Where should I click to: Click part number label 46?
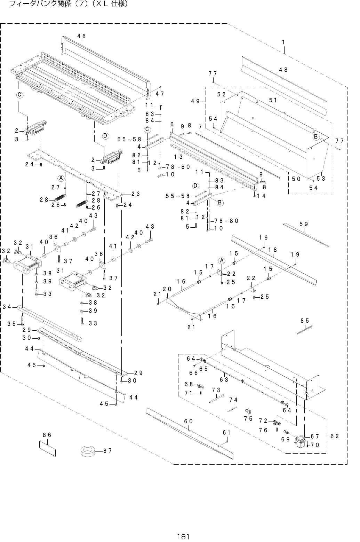[81, 36]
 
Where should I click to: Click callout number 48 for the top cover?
[283, 70]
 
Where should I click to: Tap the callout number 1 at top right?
[283, 42]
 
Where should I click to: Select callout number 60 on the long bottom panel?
[189, 421]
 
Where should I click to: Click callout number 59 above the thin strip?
[304, 224]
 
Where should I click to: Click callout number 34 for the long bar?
[7, 307]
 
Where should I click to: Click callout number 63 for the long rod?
[224, 379]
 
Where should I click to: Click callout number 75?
[248, 418]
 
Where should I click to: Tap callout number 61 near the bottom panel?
[226, 432]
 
